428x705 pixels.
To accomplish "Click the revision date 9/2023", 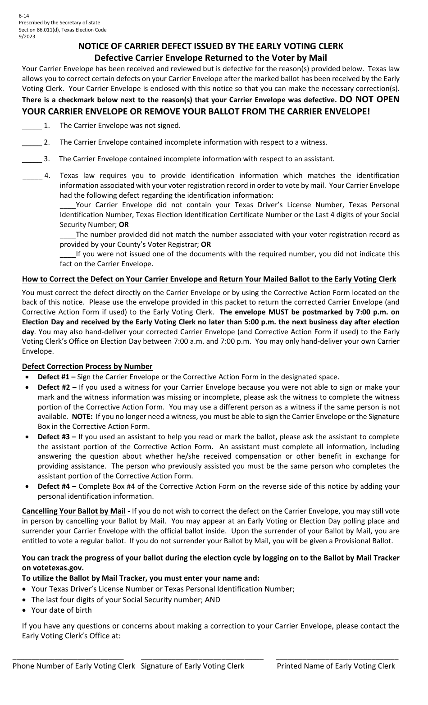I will [27, 36].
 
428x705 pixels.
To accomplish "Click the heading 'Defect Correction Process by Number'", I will [87, 366].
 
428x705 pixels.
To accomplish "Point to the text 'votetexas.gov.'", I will [60, 568].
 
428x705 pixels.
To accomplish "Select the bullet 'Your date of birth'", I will [61, 610].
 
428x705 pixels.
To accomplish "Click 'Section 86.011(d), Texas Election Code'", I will [63, 30].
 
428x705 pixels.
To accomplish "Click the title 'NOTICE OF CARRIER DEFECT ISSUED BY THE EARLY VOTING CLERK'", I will [211, 46].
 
